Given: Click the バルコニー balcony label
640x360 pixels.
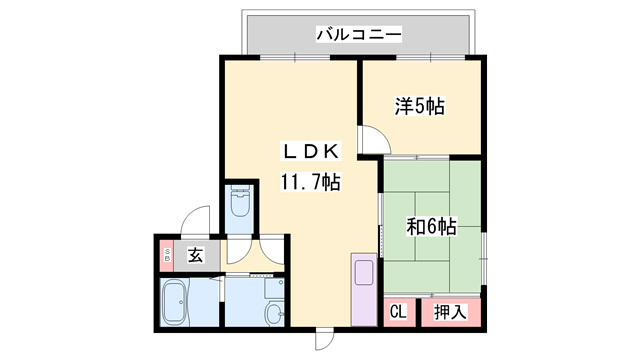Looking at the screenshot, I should click(x=359, y=35).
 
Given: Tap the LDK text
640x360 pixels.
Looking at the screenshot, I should click(x=310, y=152).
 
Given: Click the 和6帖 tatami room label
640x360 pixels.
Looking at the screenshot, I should click(x=431, y=226).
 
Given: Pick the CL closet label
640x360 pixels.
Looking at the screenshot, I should click(x=397, y=312).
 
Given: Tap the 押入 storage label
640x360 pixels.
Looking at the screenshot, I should click(x=450, y=312).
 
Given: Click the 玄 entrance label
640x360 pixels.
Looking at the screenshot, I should click(x=195, y=255).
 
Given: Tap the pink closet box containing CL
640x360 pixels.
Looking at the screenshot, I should click(x=398, y=312).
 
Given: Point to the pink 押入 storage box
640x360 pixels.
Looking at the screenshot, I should click(x=451, y=312).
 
